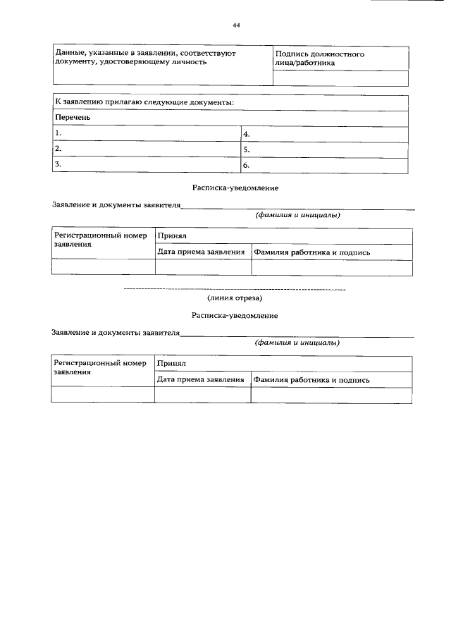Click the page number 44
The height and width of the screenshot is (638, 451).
click(x=236, y=25)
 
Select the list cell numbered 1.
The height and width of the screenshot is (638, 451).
click(x=147, y=133)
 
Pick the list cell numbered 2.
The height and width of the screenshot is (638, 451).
click(x=147, y=149)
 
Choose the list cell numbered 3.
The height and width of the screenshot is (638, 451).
click(x=147, y=165)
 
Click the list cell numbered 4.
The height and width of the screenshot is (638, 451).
click(x=324, y=133)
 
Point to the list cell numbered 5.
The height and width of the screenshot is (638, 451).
click(x=324, y=149)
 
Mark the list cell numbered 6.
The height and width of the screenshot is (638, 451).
click(x=324, y=165)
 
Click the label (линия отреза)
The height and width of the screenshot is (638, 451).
click(x=235, y=298)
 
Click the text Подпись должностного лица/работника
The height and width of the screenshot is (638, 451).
click(x=319, y=58)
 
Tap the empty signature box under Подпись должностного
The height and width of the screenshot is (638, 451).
click(x=340, y=78)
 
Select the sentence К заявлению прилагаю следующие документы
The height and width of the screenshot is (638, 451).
click(x=144, y=102)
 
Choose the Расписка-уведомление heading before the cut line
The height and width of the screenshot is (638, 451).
click(x=235, y=188)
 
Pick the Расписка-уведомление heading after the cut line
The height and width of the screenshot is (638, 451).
click(x=235, y=316)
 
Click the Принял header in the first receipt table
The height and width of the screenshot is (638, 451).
click(x=171, y=237)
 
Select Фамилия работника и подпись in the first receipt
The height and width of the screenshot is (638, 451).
click(x=312, y=252)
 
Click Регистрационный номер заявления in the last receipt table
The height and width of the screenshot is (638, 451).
click(x=99, y=368)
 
